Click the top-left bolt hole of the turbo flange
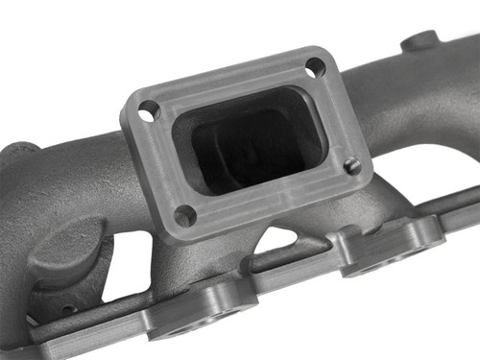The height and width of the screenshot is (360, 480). (x=148, y=110)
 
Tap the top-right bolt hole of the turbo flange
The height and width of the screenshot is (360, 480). (x=315, y=67)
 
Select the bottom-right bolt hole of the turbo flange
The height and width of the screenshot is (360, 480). (x=352, y=165)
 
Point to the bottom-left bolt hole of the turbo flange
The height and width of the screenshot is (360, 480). (x=185, y=215)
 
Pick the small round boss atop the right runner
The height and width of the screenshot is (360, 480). (x=420, y=42)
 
